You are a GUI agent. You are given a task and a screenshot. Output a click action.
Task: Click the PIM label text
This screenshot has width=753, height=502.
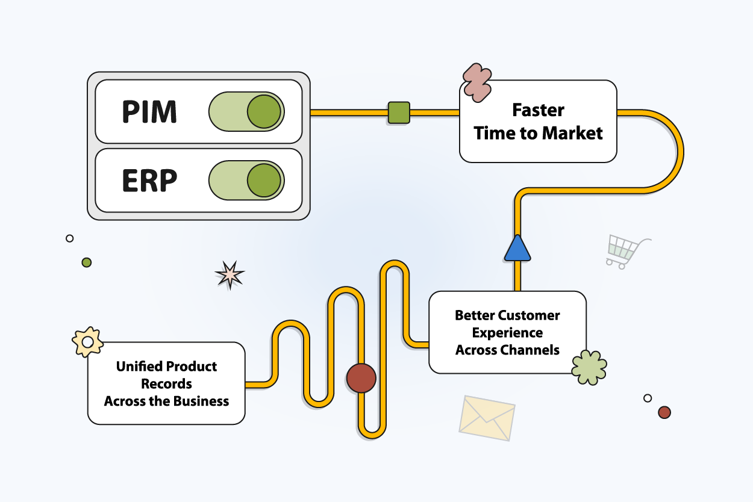149,112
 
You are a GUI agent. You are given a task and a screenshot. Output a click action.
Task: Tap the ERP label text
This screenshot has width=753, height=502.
149,181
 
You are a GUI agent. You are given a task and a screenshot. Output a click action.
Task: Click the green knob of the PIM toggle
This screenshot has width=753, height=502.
264,111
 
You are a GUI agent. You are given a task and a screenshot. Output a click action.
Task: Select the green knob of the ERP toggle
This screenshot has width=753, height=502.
264,181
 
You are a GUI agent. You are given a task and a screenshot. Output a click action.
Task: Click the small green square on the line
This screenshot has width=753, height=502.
399,113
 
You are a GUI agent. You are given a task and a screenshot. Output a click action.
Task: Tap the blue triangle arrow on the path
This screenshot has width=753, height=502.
517,248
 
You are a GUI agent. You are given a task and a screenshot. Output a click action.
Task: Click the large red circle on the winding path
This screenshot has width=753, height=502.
361,378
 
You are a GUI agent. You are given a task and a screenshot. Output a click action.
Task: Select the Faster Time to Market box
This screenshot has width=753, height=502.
538,122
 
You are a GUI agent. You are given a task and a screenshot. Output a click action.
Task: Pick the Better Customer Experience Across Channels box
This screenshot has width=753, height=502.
507,332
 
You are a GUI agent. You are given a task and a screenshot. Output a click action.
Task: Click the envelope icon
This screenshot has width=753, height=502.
487,417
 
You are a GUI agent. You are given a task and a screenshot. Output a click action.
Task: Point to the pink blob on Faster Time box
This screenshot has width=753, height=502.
478,82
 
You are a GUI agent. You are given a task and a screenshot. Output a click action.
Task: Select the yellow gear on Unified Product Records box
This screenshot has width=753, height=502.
87,342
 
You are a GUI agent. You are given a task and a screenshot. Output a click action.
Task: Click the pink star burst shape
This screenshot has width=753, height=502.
230,275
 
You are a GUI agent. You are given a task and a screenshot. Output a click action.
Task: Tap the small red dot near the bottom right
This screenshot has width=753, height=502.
664,412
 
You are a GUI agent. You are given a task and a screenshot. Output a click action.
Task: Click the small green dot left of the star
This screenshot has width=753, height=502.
87,262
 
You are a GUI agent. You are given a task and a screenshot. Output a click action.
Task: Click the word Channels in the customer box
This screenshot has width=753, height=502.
533,350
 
